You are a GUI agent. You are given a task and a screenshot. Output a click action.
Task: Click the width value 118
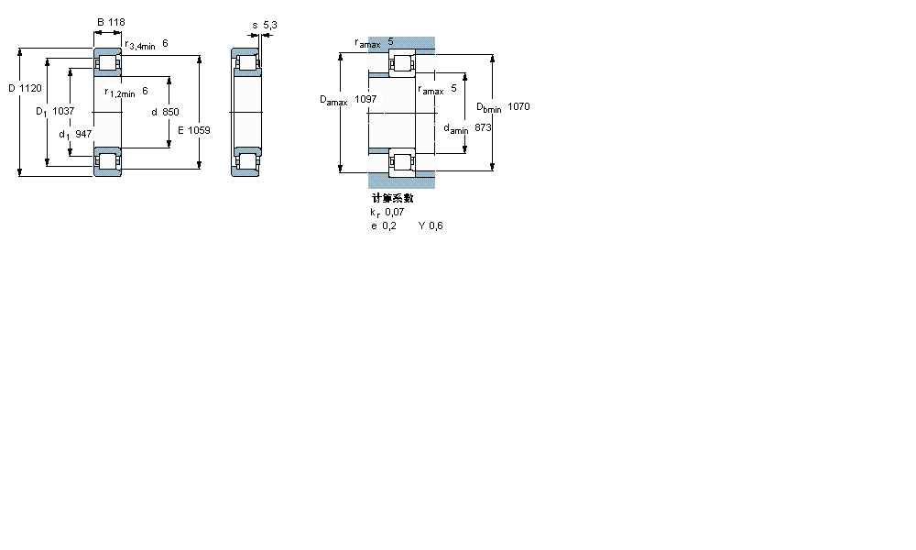click(x=116, y=22)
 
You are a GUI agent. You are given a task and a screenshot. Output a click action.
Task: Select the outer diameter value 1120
click(x=30, y=88)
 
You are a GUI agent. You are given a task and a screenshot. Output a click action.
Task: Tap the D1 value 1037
click(x=63, y=111)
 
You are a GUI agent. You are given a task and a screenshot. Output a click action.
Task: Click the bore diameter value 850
click(x=170, y=112)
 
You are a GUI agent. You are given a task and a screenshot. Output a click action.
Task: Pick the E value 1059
click(x=199, y=130)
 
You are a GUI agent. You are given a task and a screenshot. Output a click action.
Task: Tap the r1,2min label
click(x=120, y=92)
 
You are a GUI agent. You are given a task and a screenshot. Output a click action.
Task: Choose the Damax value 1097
click(x=365, y=99)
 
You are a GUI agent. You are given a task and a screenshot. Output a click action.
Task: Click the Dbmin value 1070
click(x=518, y=106)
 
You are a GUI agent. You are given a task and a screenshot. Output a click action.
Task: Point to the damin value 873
click(x=484, y=128)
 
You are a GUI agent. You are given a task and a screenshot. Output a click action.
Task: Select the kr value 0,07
click(x=394, y=212)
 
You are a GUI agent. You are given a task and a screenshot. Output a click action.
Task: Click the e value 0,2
click(x=389, y=226)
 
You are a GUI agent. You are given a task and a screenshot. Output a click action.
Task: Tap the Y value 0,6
click(x=435, y=226)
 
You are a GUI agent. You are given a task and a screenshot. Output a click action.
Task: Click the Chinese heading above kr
click(x=392, y=198)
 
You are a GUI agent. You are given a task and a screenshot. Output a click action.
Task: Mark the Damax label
click(x=333, y=100)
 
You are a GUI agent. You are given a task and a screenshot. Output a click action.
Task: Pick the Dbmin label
click(x=488, y=107)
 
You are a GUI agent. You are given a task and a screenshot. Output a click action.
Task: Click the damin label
click(x=455, y=129)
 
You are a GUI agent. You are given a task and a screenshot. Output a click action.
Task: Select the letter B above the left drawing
click(x=100, y=22)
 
